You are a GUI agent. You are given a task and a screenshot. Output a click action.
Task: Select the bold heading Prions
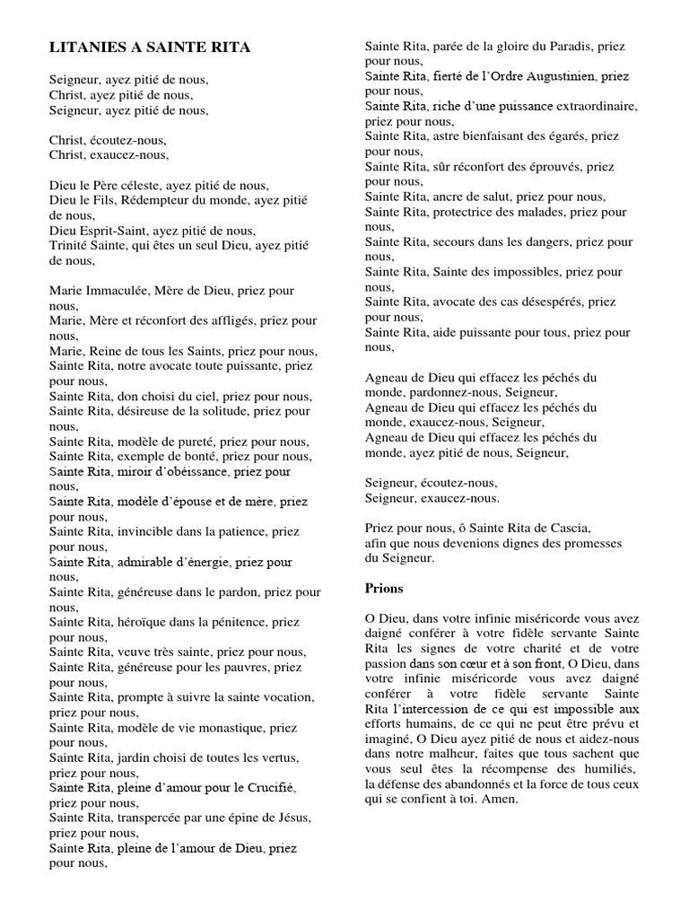[384, 589]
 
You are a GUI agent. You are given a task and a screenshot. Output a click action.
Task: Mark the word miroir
[132, 470]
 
